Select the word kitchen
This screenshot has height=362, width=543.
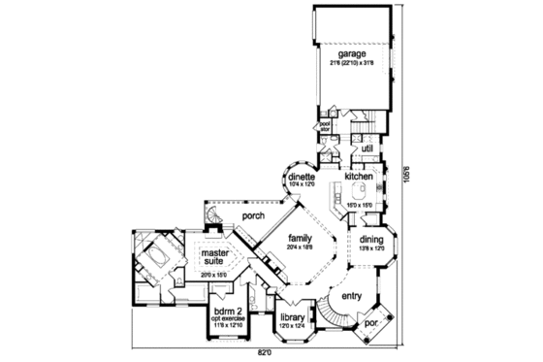click(x=359, y=177)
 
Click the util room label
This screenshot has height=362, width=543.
click(x=367, y=148)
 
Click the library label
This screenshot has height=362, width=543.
click(x=292, y=316)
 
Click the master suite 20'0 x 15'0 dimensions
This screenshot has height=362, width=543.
click(x=213, y=276)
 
